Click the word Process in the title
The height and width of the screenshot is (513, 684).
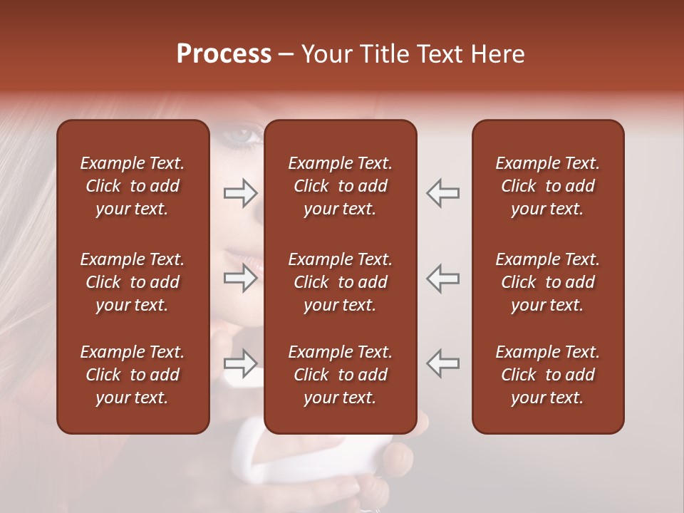pyautogui.click(x=224, y=54)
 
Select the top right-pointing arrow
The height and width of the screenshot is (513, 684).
pyautogui.click(x=241, y=192)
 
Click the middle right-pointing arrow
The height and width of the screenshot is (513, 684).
pyautogui.click(x=241, y=278)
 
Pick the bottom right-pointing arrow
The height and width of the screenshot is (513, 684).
pyautogui.click(x=241, y=363)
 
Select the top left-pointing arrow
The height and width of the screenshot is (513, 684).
pyautogui.click(x=442, y=192)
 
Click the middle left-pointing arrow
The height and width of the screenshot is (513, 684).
pyautogui.click(x=442, y=278)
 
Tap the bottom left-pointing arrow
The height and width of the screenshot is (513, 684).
pyautogui.click(x=442, y=363)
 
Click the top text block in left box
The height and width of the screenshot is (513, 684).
pyautogui.click(x=133, y=186)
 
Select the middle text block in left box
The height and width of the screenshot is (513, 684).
pyautogui.click(x=133, y=282)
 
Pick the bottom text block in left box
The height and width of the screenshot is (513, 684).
pyautogui.click(x=133, y=375)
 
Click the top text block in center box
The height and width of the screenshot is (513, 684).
pyautogui.click(x=341, y=186)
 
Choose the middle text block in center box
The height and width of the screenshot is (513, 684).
pyautogui.click(x=341, y=282)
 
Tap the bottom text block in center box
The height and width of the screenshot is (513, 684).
pyautogui.click(x=341, y=375)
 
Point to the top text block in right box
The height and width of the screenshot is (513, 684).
pyautogui.click(x=548, y=186)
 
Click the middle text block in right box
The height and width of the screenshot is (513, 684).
pyautogui.click(x=548, y=282)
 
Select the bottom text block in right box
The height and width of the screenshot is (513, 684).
pyautogui.click(x=548, y=375)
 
